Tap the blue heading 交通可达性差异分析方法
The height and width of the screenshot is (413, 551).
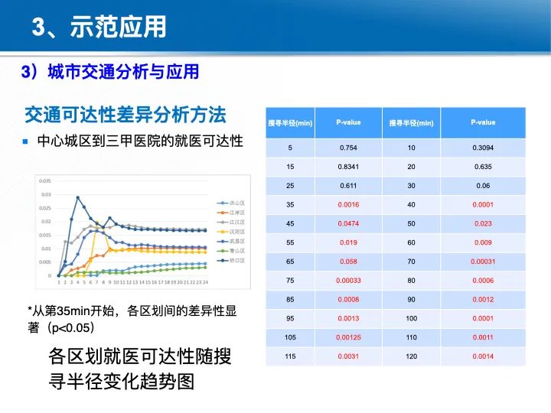pyautogui.click(x=126, y=115)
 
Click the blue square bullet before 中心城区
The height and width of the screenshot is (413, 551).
pyautogui.click(x=25, y=141)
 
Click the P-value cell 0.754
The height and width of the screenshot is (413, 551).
pyautogui.click(x=348, y=148)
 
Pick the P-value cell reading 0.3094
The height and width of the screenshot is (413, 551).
pyautogui.click(x=482, y=148)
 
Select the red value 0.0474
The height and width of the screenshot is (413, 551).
pyautogui.click(x=348, y=223)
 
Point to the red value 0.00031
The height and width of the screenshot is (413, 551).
pyautogui.click(x=482, y=262)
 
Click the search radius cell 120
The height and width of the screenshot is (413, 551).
pyautogui.click(x=411, y=356)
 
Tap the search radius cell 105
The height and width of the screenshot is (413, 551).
pyautogui.click(x=290, y=337)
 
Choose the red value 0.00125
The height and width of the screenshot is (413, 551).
pyautogui.click(x=348, y=337)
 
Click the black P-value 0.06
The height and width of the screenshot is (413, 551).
pyautogui.click(x=482, y=186)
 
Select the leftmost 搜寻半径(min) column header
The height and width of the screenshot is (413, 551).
pyautogui.click(x=290, y=122)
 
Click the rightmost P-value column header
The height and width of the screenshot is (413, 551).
pyautogui.click(x=482, y=122)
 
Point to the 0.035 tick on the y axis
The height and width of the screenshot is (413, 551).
pyautogui.click(x=44, y=180)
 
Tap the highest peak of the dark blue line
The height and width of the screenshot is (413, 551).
pyautogui.click(x=77, y=197)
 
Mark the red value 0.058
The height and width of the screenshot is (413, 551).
pyautogui.click(x=348, y=262)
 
